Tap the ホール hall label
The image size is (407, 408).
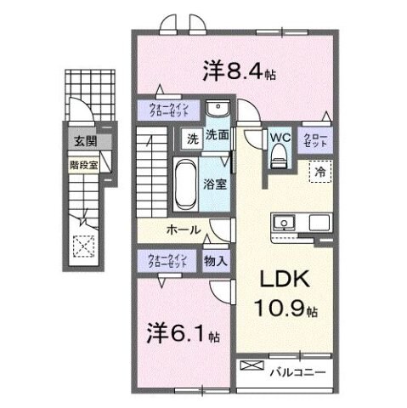[183, 230]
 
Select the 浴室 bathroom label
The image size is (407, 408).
[214, 183]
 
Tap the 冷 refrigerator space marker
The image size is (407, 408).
[320, 171]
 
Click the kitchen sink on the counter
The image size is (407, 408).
[284, 223]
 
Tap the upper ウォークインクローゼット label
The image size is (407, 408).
[168, 110]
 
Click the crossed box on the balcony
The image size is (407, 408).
[253, 367]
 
